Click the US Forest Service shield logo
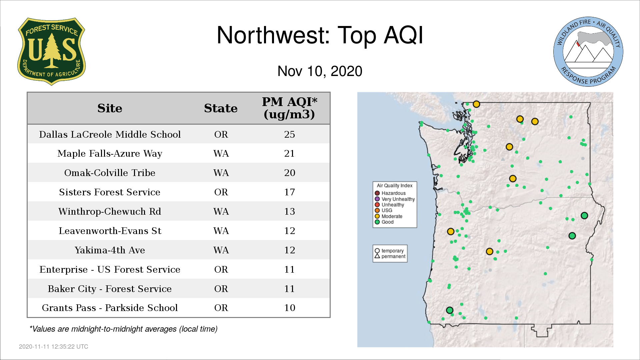tap(51, 52)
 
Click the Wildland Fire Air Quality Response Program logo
tap(588, 52)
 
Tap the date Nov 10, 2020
tap(320, 71)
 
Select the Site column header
tap(110, 108)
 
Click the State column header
tap(221, 108)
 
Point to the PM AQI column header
tap(289, 108)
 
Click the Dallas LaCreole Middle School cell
tap(110, 134)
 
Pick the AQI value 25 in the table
tap(289, 134)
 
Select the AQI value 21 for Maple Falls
tap(289, 153)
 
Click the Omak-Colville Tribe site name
tap(110, 173)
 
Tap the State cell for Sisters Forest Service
tap(221, 192)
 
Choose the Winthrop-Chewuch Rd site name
tap(110, 211)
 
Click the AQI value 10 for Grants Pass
tap(289, 308)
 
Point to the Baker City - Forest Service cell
tap(110, 289)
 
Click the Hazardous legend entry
tap(390, 193)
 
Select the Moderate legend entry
tap(389, 216)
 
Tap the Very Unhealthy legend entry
tap(395, 199)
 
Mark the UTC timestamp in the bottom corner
tap(54, 347)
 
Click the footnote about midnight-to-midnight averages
tap(123, 329)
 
